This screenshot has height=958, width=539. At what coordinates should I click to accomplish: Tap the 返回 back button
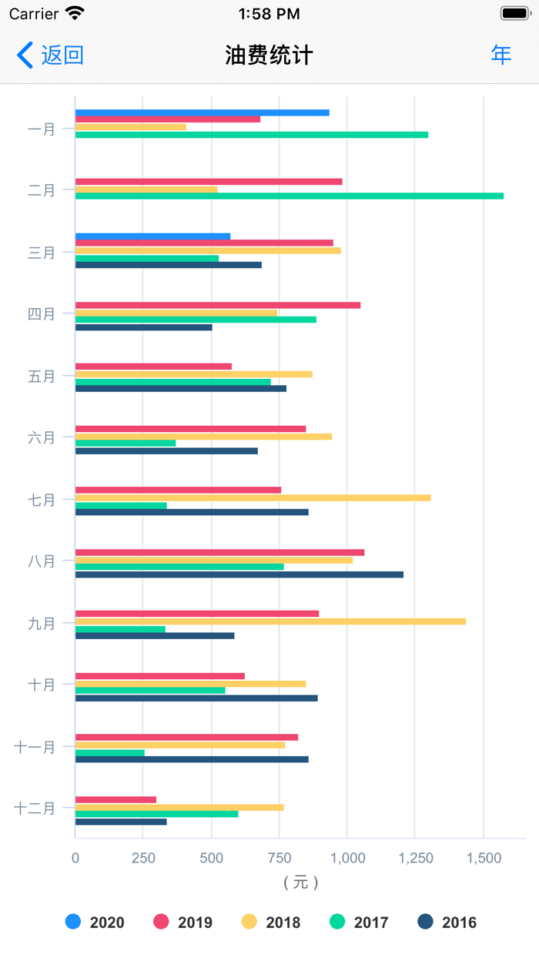point(50,55)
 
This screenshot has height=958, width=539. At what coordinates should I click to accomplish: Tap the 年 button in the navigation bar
point(501,55)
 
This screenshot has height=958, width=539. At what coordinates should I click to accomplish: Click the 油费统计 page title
point(269,55)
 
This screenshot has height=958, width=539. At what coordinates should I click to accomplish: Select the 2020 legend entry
point(95,922)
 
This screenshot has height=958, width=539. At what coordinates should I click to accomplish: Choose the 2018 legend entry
point(271,922)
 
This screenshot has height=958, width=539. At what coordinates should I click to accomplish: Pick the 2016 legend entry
point(447,922)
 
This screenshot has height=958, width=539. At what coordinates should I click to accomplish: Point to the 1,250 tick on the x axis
point(414,858)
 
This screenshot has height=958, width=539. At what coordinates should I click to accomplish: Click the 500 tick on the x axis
point(211,858)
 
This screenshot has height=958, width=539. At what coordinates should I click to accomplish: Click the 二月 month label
point(42,190)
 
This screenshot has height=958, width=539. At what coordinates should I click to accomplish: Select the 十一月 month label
point(35,746)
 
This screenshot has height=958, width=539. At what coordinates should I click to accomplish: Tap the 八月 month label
point(42,561)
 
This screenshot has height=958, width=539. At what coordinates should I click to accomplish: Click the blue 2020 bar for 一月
point(202,112)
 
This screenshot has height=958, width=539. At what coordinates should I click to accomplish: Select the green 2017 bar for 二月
point(289,196)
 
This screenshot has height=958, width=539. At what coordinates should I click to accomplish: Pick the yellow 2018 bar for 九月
point(269,621)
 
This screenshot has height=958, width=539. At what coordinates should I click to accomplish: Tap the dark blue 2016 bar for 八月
point(239,574)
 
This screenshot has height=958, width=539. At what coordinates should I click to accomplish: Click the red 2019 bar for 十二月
point(115,799)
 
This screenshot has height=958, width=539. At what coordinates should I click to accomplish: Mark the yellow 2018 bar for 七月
point(253,497)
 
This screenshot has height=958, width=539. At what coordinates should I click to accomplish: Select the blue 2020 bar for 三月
point(152,236)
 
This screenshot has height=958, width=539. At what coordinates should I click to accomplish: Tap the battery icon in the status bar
point(514,13)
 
